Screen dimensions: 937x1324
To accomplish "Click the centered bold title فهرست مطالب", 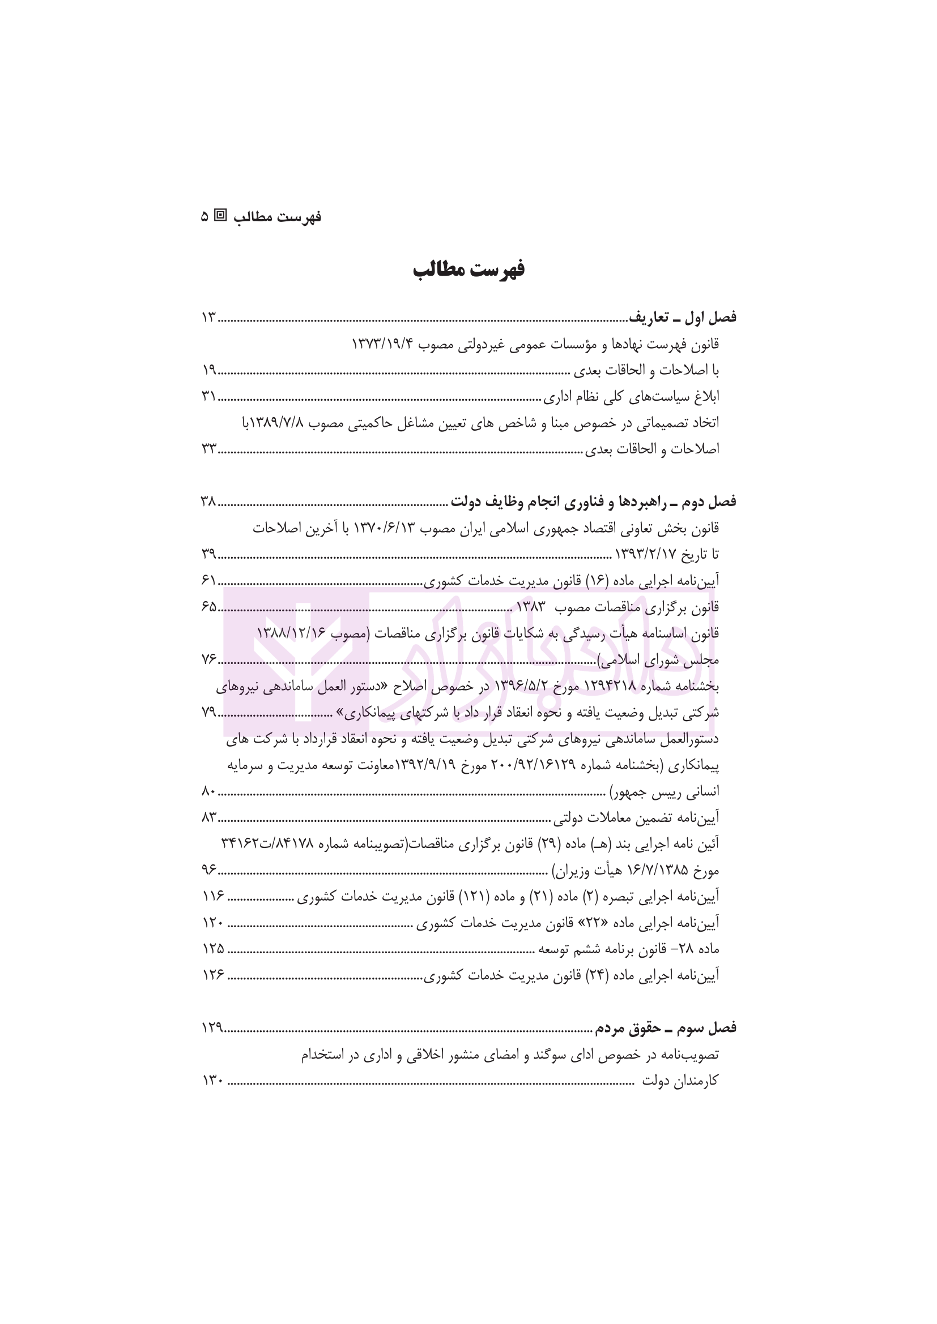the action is (x=468, y=270).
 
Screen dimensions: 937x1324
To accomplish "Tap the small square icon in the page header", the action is (x=220, y=216).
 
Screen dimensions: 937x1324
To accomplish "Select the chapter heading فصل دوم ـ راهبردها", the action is (x=593, y=502).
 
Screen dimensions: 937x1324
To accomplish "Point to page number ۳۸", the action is (x=208, y=502).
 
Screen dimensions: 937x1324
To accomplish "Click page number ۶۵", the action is (x=209, y=607).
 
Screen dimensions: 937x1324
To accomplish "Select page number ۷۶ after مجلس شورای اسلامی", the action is (x=208, y=659).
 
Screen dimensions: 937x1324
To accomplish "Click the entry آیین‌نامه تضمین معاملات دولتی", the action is (x=636, y=817).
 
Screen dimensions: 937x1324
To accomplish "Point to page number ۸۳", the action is (x=209, y=817).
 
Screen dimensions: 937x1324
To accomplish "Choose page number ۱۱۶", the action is (x=213, y=896).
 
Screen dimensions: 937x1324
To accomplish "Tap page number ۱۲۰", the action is (x=213, y=923).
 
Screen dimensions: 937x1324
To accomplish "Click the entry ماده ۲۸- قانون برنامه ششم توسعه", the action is (x=629, y=949).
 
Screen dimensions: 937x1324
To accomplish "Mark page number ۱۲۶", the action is (x=213, y=975).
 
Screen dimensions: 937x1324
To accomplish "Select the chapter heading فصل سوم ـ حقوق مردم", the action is (x=665, y=1028).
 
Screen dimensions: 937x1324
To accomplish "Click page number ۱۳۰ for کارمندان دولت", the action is (x=213, y=1081).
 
